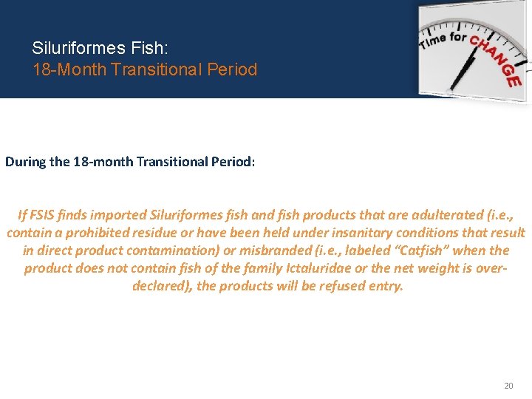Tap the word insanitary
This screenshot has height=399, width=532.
tap(327, 233)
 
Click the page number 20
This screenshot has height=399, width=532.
tap(508, 386)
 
